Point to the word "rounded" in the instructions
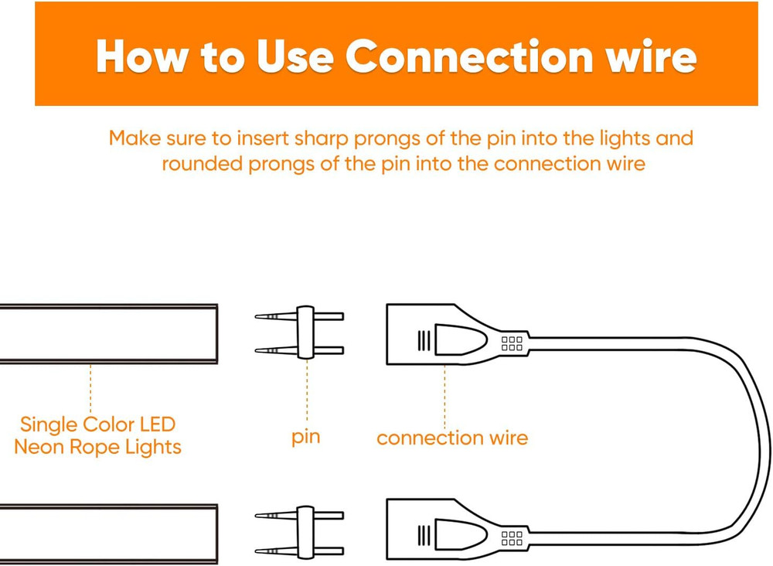(x=201, y=165)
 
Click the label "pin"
(x=305, y=438)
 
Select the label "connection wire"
(x=452, y=438)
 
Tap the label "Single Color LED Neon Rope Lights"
(x=97, y=435)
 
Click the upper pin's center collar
(x=305, y=332)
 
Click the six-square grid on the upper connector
(x=512, y=343)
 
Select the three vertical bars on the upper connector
(x=423, y=341)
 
